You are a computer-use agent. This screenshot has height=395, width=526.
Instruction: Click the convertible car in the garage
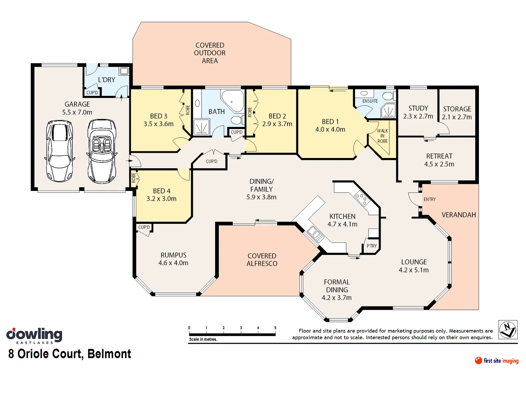point(102,152)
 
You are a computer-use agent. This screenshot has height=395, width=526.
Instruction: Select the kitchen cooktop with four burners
point(361,199)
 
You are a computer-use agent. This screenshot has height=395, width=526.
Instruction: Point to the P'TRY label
point(371,246)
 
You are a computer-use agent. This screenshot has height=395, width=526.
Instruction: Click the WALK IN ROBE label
point(382,136)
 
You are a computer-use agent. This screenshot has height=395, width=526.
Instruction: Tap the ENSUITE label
point(370,101)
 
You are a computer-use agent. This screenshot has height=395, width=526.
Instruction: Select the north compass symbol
point(508,329)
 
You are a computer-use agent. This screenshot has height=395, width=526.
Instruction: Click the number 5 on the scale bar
point(275,328)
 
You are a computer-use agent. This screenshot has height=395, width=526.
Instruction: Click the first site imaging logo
point(496,361)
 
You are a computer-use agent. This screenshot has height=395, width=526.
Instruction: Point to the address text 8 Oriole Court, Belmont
point(70,354)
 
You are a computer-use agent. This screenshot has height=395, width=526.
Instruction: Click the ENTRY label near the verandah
point(430,199)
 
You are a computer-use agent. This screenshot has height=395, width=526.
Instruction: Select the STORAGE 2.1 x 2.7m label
point(457,113)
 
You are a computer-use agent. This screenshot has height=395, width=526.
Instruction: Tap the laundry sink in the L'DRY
point(124,71)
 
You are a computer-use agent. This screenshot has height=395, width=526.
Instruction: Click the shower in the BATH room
point(201,127)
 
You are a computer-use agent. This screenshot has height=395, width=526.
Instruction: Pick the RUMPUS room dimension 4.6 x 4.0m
point(173,263)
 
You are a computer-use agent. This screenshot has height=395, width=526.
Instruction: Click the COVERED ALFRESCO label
point(262,260)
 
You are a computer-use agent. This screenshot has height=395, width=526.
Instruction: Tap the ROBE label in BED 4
point(134,178)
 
